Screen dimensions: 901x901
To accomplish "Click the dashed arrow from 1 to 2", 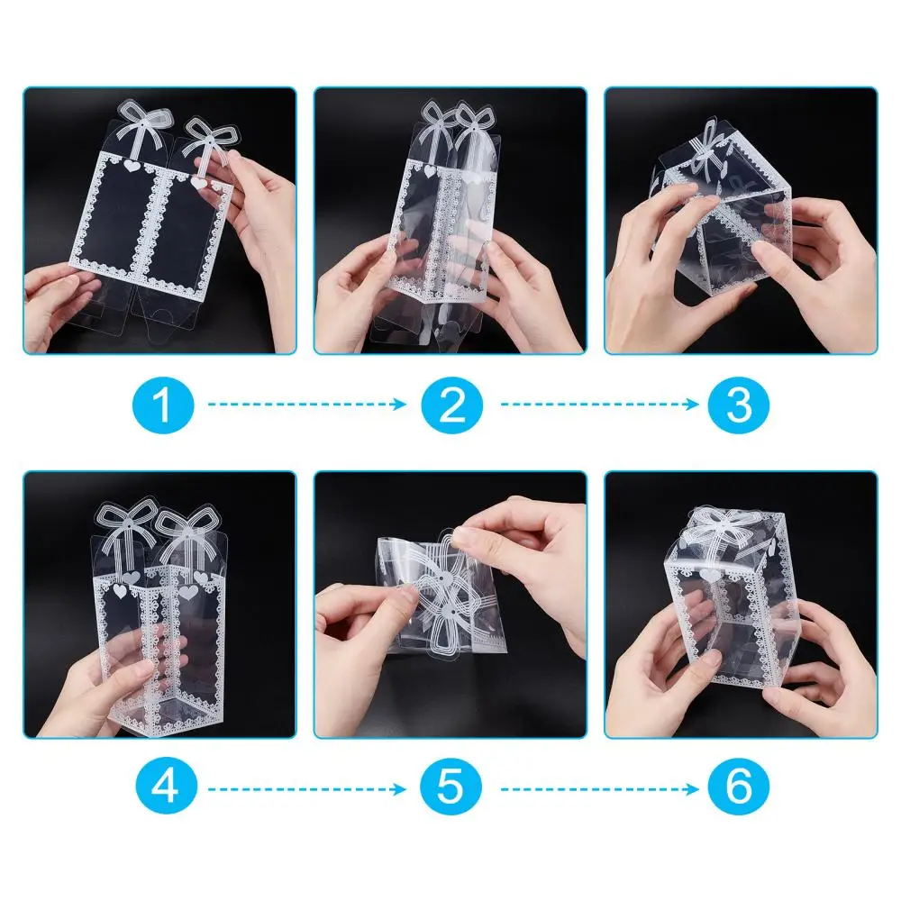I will pos(307,405).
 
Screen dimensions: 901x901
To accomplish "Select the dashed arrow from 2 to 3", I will pos(599,405).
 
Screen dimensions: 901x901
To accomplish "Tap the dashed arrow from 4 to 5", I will pos(307,789).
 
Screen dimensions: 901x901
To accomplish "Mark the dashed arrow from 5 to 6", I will pos(599,789).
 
